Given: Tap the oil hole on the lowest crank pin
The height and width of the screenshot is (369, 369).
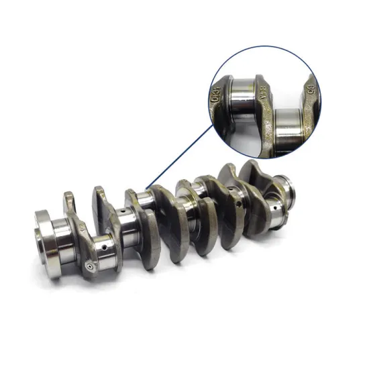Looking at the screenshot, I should coord(106,249).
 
